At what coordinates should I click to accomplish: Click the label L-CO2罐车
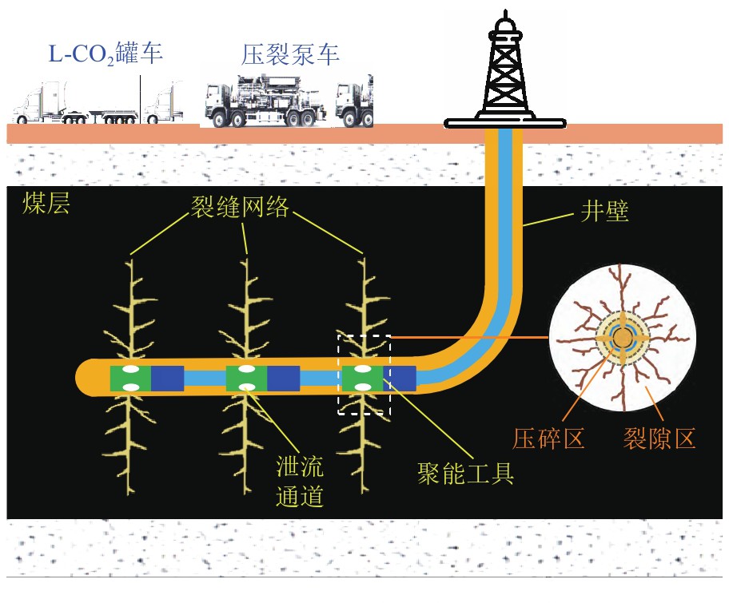(104, 55)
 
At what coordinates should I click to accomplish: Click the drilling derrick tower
(504, 72)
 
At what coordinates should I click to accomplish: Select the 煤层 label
(46, 204)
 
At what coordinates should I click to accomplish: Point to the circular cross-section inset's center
(622, 339)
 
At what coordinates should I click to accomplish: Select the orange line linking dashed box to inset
(472, 337)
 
